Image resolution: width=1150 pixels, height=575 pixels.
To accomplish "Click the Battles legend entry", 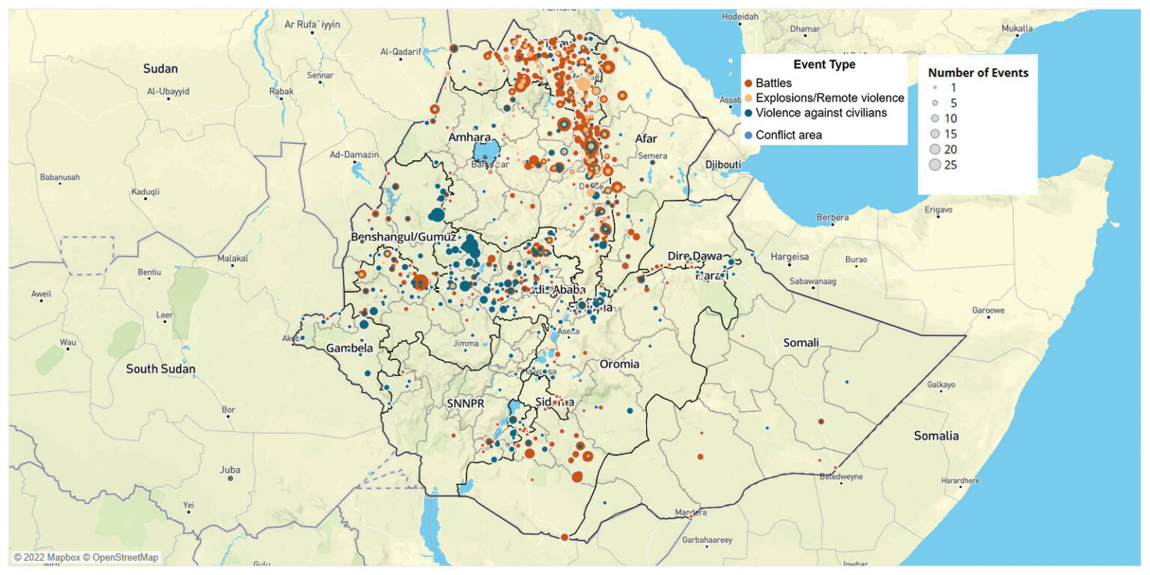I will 773,82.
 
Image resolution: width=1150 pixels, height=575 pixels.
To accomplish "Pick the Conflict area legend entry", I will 788,135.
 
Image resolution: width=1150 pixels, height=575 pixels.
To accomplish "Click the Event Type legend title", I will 824,65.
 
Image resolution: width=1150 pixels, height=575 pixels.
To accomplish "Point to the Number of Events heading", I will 978,73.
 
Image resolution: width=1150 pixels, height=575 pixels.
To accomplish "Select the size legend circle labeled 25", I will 934,165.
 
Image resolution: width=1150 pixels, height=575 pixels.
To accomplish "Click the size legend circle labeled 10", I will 934,119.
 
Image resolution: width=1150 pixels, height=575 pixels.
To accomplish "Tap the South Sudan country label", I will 160,368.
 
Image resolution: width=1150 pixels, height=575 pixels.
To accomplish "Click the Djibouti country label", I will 722,165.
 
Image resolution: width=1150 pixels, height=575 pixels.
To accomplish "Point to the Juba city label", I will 230,470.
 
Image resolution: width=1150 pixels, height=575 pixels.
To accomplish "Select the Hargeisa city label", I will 790,256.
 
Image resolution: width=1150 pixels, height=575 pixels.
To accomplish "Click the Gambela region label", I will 349,349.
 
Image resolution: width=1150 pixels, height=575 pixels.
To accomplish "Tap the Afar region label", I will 645,139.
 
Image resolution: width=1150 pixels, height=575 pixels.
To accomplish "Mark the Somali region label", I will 800,342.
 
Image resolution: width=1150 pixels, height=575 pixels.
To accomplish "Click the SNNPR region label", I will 466,403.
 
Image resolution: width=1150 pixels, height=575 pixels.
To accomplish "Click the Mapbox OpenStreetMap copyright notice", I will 86,557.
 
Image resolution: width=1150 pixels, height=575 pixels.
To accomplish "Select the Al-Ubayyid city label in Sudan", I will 168,91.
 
